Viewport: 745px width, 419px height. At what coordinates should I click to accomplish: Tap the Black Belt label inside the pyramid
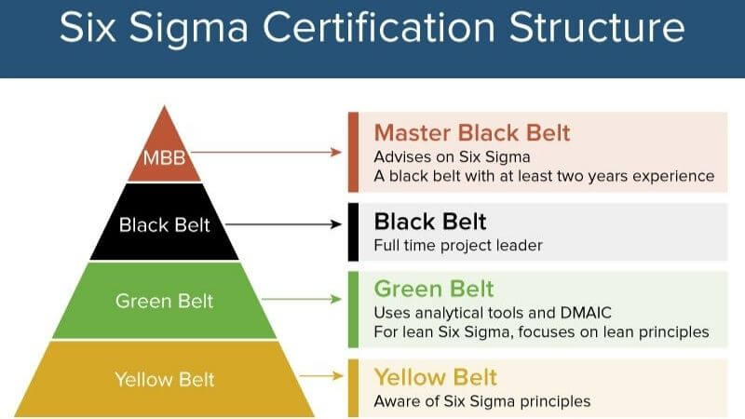pos(165,224)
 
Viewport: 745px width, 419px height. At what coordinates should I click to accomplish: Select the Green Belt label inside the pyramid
pos(165,301)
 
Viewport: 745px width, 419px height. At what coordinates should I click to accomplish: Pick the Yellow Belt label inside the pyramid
pos(165,378)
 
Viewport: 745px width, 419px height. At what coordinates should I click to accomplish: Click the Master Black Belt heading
pos(471,133)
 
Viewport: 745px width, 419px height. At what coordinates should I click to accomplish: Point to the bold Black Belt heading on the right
pos(429,222)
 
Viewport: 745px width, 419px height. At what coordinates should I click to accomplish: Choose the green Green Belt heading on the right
pos(433,288)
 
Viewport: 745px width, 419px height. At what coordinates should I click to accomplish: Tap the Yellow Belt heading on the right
pos(435,377)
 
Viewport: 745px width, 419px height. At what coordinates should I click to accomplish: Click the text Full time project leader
pos(457,246)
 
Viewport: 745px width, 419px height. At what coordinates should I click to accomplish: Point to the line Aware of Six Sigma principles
pos(481,401)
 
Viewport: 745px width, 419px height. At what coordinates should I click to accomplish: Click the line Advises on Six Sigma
pos(444,155)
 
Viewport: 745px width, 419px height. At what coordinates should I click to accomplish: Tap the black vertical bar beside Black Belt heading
pos(354,231)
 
